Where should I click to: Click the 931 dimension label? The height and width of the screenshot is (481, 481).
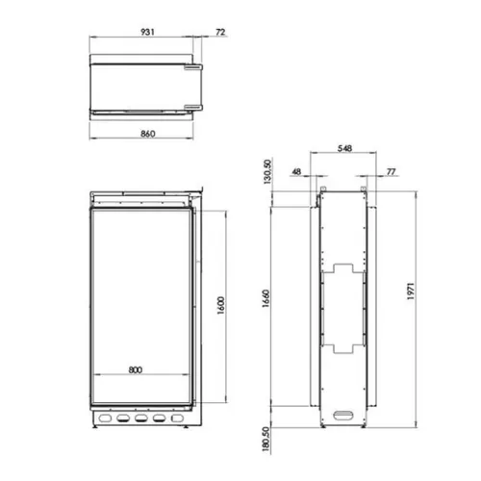click(x=147, y=32)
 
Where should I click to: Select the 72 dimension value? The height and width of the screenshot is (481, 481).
click(x=220, y=32)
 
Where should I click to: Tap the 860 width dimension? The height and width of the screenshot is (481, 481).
click(x=148, y=134)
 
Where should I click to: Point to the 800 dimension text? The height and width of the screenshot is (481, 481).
click(x=136, y=369)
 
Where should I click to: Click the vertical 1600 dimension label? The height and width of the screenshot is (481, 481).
click(x=221, y=306)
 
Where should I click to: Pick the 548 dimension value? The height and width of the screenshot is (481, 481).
click(x=344, y=148)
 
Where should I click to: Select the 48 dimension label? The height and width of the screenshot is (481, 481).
click(x=296, y=172)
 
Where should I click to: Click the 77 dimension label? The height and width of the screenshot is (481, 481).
click(x=391, y=172)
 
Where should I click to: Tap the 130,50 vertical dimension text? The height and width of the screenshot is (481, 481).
click(x=267, y=171)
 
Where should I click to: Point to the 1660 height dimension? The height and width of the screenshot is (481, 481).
click(x=266, y=298)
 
